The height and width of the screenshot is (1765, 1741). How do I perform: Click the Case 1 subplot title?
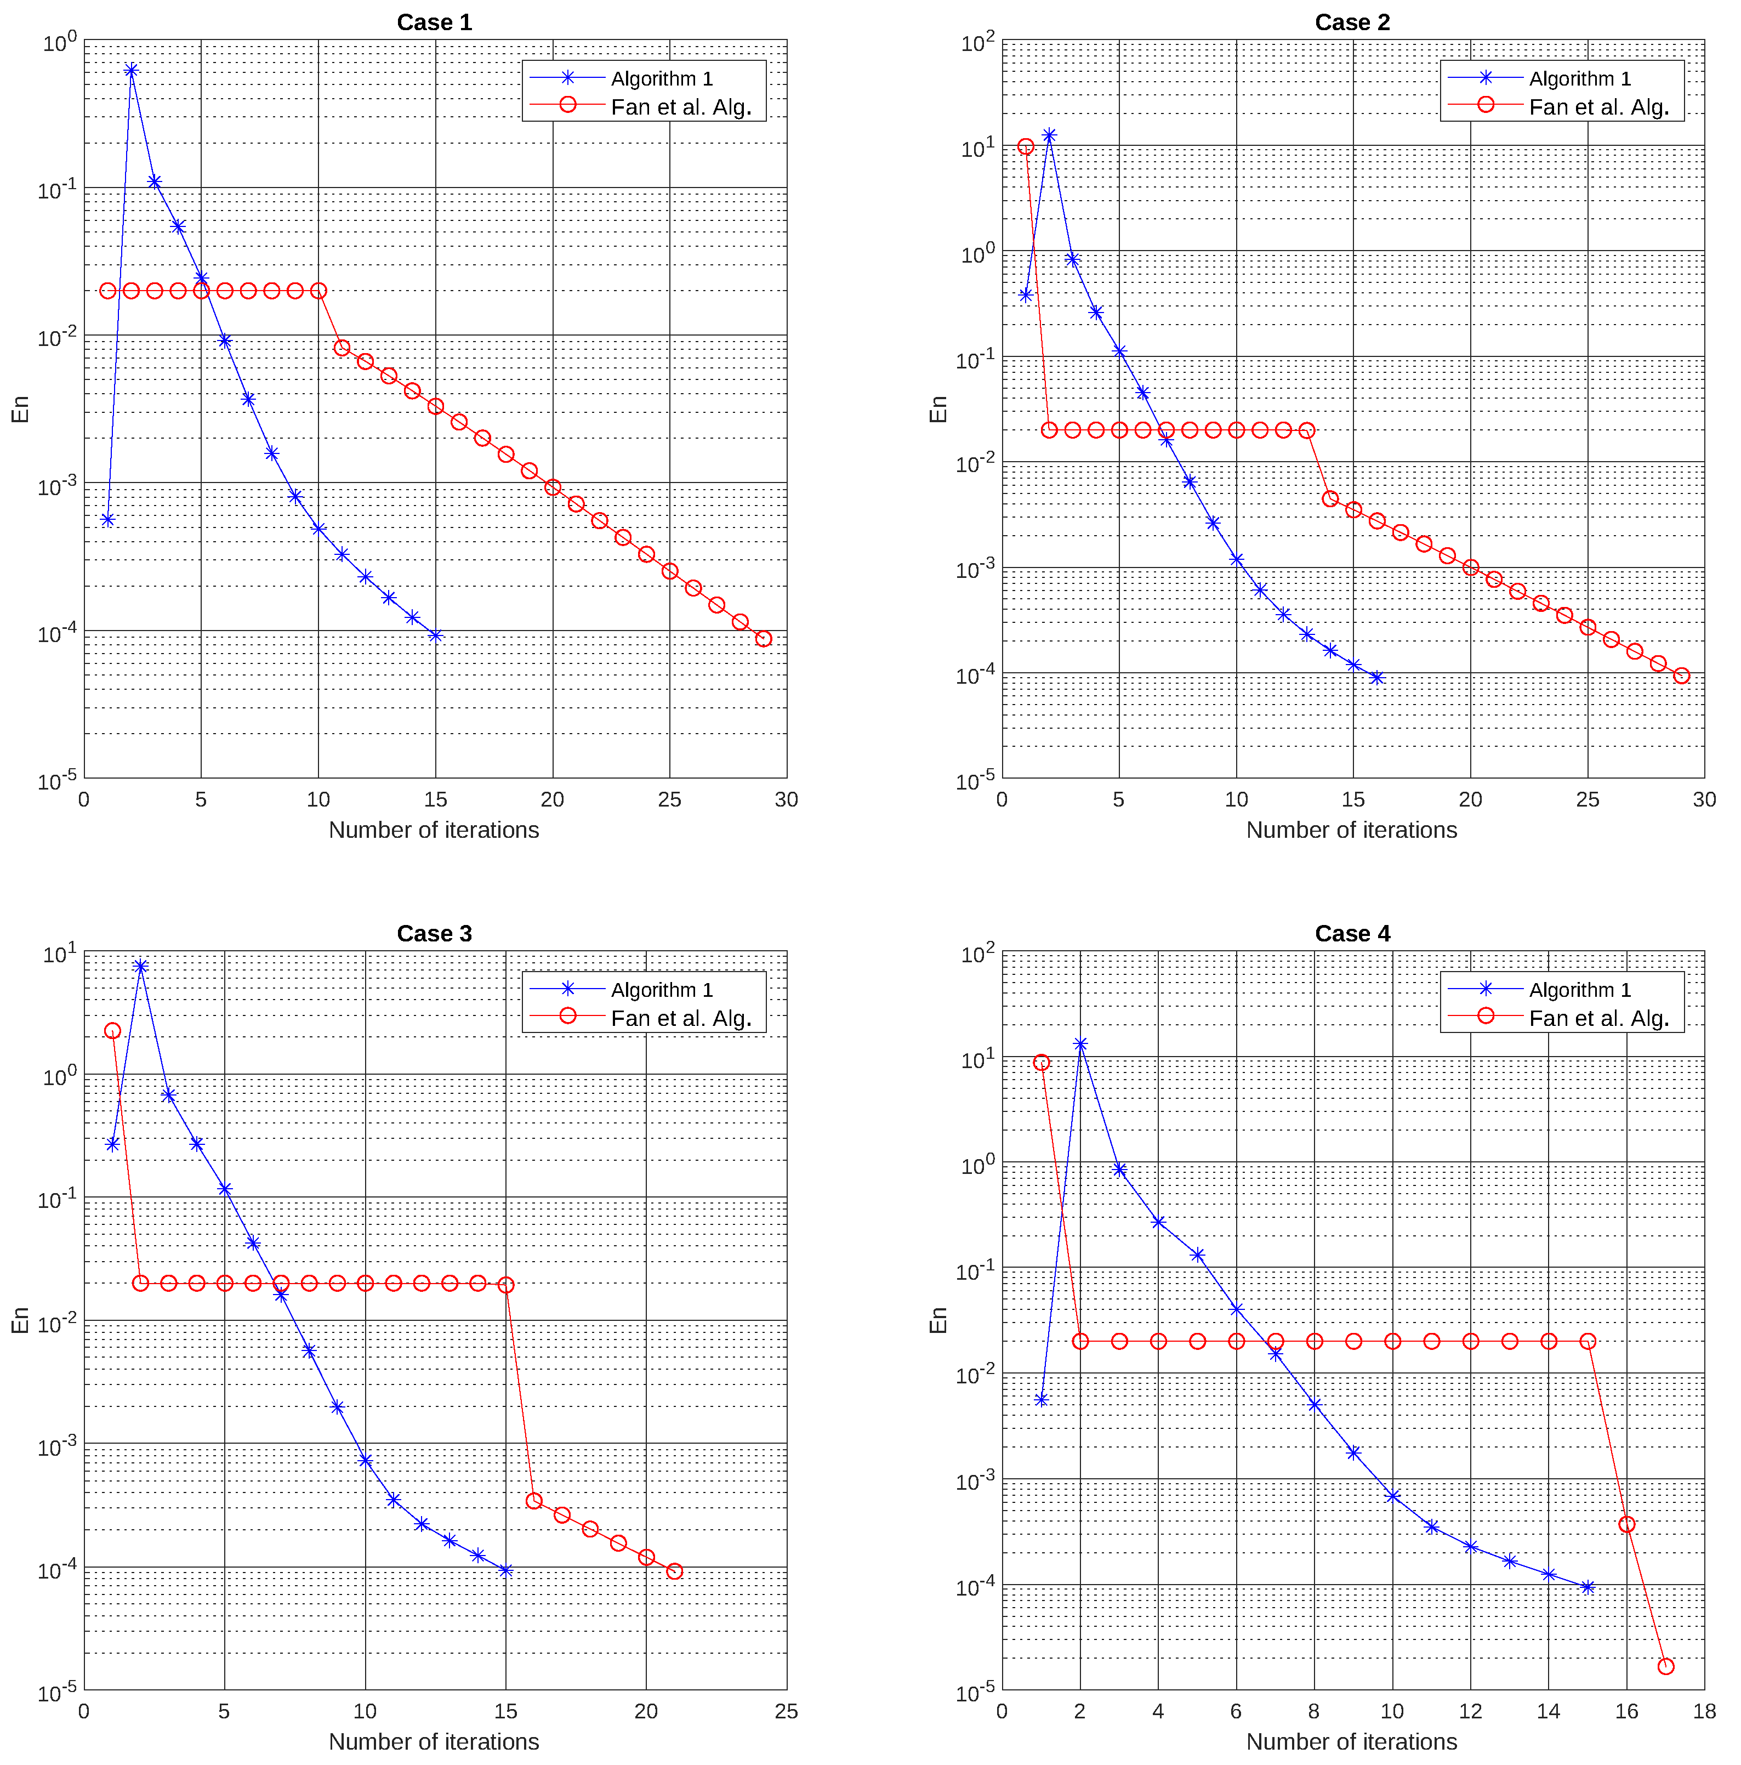pos(434,22)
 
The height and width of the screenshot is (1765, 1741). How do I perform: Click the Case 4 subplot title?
pos(1352,933)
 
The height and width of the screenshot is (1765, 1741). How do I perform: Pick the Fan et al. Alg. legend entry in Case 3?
pos(680,1018)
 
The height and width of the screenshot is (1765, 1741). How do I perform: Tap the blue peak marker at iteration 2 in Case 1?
pos(132,70)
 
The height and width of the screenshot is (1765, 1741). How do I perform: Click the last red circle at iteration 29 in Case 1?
pos(764,639)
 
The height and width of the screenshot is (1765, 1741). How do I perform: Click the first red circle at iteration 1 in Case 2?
pos(1026,146)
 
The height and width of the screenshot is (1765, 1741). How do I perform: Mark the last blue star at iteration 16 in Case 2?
pos(1376,677)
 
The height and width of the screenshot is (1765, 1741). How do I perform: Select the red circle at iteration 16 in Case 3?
pos(534,1501)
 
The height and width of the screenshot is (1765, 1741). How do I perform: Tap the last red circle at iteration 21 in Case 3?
pos(674,1571)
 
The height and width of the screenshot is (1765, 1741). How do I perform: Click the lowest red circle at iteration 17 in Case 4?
pos(1665,1666)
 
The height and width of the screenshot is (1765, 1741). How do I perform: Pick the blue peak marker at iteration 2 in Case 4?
pos(1080,1043)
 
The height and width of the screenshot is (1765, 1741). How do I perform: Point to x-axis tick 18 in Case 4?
pos(1704,1711)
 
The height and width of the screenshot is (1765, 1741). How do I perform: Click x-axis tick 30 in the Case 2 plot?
pos(1704,799)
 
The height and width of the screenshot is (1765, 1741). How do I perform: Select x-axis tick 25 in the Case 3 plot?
pos(786,1711)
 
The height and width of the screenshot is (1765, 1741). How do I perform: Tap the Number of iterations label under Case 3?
pos(434,1741)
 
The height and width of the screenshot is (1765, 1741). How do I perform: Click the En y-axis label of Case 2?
pos(937,408)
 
